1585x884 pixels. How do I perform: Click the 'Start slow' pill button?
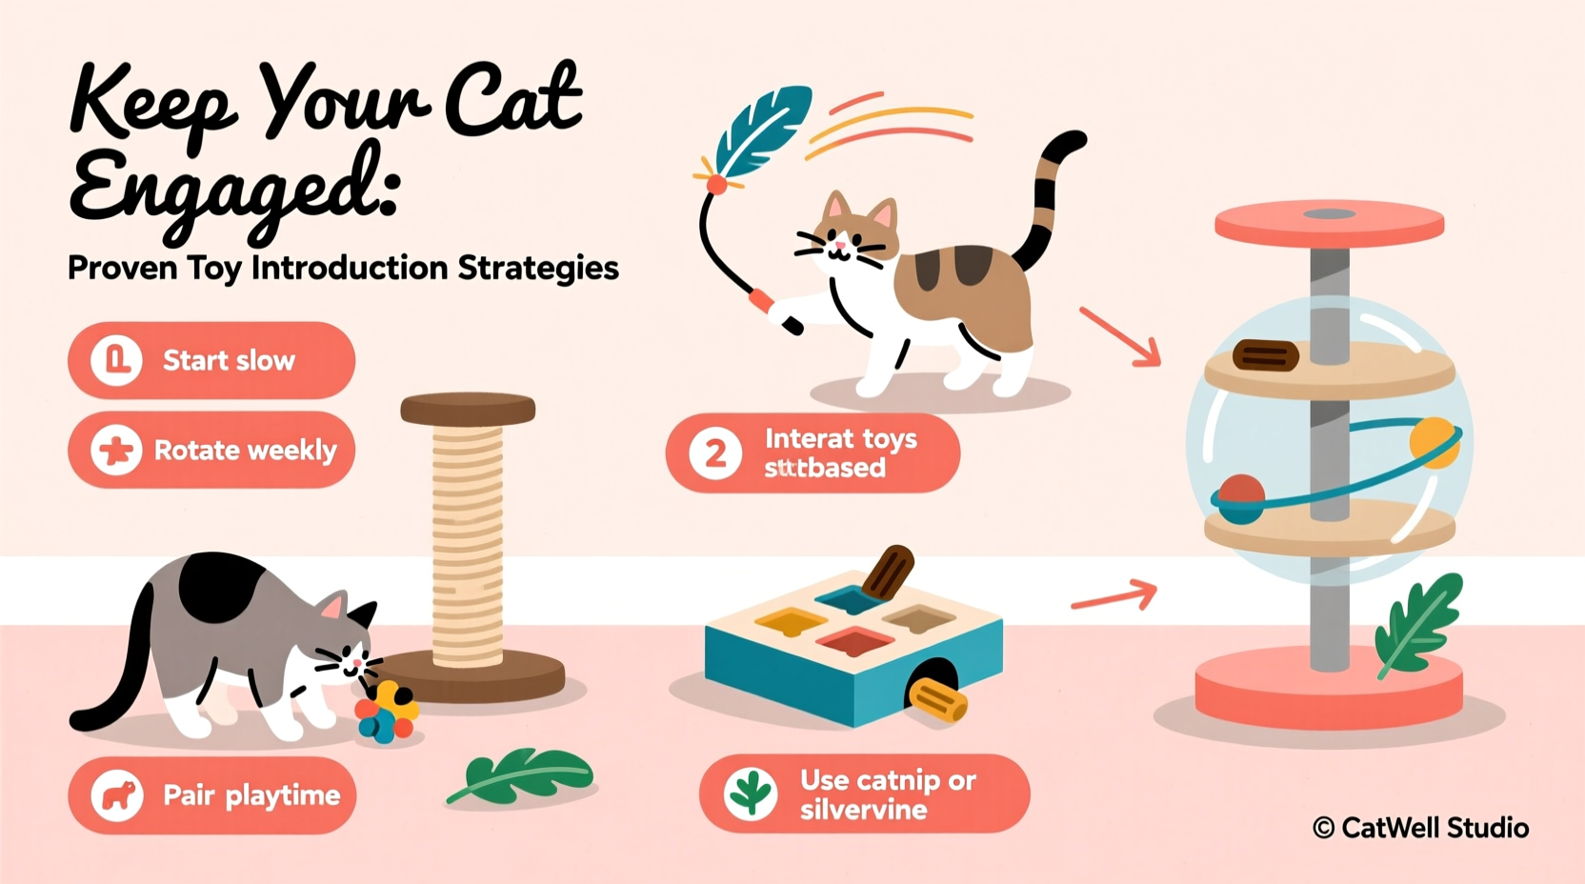tap(211, 360)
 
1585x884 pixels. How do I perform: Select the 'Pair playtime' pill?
tap(211, 795)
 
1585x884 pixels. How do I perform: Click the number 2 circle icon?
tap(715, 454)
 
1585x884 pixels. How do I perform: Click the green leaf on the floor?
tap(524, 774)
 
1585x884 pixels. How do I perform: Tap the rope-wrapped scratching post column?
tap(467, 543)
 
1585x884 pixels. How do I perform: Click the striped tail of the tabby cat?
tap(1048, 200)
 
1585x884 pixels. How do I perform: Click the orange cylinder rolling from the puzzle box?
tap(938, 700)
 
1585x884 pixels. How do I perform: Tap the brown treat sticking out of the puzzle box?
tap(888, 572)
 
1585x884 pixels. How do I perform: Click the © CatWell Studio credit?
tap(1420, 828)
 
